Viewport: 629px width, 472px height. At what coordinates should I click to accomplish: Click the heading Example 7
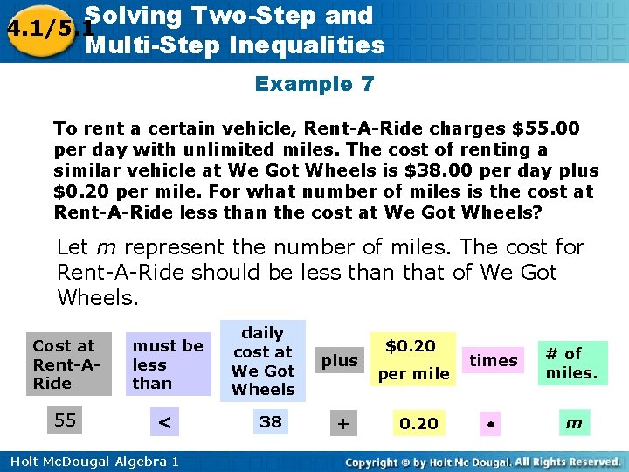[x=314, y=85]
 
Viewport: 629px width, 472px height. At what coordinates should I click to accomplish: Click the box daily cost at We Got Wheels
[x=263, y=361]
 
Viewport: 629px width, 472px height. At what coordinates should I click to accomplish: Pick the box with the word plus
[x=340, y=360]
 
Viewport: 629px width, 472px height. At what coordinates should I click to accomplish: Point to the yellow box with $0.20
[x=411, y=345]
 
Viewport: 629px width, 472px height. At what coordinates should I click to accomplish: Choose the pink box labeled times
[x=494, y=360]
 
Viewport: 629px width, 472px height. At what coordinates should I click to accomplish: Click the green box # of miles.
[x=571, y=363]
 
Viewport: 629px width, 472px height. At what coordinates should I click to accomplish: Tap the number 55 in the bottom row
[x=65, y=420]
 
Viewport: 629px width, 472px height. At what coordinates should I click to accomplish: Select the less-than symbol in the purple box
[x=163, y=423]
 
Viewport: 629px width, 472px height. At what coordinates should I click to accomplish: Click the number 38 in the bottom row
[x=271, y=422]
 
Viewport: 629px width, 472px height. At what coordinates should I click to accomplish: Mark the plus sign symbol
[x=343, y=423]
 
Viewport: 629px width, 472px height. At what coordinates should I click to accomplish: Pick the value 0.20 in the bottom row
[x=418, y=423]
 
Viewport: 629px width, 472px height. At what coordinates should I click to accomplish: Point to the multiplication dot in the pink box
[x=492, y=423]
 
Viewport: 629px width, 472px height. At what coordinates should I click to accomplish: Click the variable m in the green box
[x=573, y=423]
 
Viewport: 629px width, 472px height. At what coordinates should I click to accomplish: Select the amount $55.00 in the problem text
[x=546, y=129]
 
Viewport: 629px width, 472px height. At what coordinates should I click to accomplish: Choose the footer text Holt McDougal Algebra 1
[x=90, y=462]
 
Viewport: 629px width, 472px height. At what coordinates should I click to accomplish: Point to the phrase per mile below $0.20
[x=413, y=374]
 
